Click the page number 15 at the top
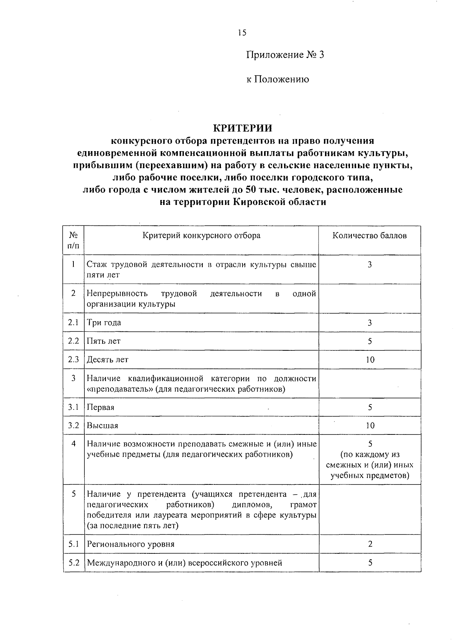tap(242, 33)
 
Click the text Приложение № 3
tap(285, 55)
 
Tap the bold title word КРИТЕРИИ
tap(242, 128)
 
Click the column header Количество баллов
tap(370, 236)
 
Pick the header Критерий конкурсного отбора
tap(201, 236)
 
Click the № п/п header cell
tap(73, 240)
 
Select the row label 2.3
tap(73, 359)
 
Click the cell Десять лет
tap(108, 360)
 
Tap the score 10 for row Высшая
tap(370, 426)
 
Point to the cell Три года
tap(104, 323)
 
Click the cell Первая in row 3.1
tap(101, 408)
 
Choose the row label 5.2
tap(73, 563)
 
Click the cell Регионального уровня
tap(131, 545)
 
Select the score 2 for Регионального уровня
tap(370, 544)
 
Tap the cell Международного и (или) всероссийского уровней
tap(185, 563)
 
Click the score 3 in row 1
tap(370, 264)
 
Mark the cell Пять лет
tap(104, 341)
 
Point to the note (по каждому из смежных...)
tap(370, 465)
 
